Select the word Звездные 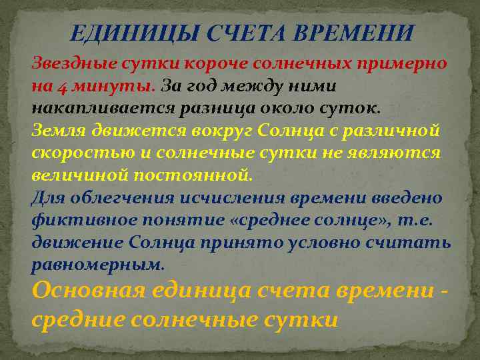75,63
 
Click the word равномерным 97,265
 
